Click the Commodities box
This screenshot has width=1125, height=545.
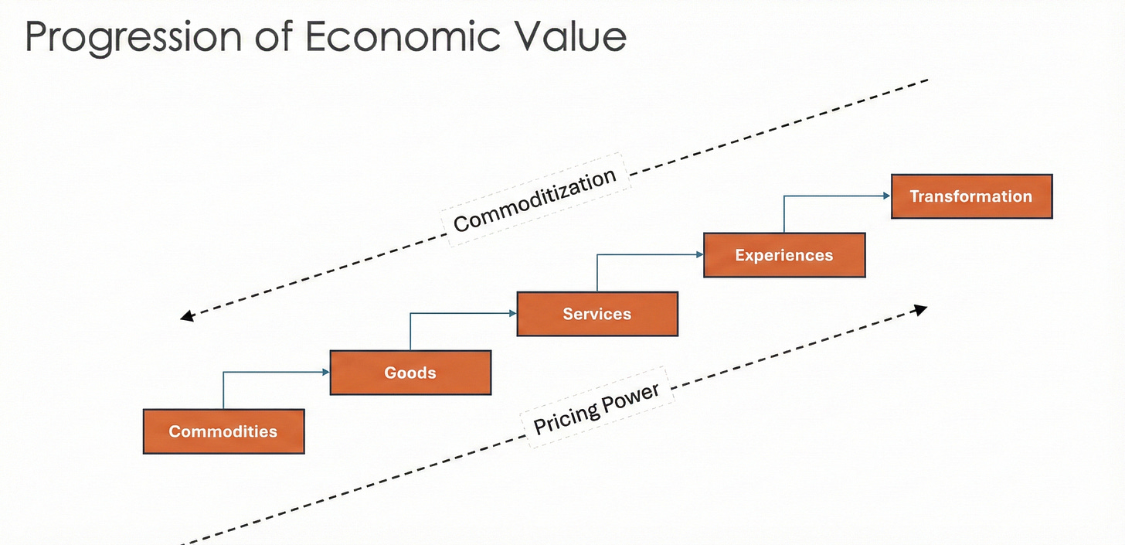(223, 431)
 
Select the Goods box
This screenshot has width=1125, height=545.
(410, 373)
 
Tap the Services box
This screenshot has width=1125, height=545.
(596, 314)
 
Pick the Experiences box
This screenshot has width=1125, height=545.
(784, 255)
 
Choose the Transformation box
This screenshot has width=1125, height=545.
(971, 196)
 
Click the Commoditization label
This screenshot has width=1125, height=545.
(535, 200)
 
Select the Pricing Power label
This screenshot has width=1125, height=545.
(597, 408)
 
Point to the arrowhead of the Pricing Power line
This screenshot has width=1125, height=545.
(919, 309)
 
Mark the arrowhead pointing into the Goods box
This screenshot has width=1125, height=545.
(325, 373)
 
